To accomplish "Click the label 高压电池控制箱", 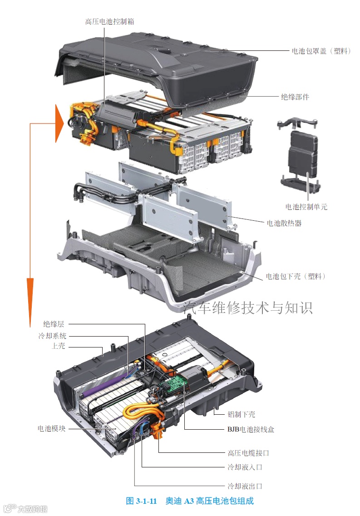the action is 109,22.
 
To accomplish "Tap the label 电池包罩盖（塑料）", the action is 321,51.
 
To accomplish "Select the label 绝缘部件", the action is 295,97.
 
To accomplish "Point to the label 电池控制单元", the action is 306,207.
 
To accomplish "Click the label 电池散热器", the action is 284,223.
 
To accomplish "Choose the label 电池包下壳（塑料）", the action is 296,276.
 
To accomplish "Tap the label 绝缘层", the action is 54,324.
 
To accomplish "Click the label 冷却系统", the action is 52,336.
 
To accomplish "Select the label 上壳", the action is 58,346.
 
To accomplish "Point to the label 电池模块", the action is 51,428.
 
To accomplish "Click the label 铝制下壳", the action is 242,414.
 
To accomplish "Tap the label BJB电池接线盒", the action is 251,429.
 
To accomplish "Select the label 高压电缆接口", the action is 248,453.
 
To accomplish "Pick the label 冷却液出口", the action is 245,486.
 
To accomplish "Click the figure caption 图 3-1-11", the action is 141,501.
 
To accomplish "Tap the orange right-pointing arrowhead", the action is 59,124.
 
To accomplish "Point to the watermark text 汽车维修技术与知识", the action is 247,308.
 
